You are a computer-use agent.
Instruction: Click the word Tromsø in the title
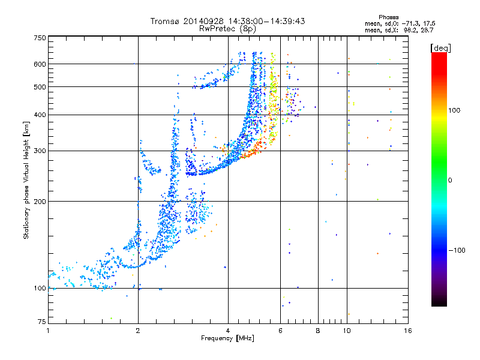tap(166, 21)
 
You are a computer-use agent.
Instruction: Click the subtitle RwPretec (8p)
tap(227, 29)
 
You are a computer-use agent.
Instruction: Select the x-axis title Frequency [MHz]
tap(227, 338)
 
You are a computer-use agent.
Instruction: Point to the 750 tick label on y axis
tap(40, 38)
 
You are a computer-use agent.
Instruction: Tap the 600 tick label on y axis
tap(40, 64)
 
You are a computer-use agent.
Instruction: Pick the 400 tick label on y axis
tap(40, 115)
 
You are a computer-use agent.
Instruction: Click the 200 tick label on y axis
tap(40, 202)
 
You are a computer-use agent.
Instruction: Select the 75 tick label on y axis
tap(42, 322)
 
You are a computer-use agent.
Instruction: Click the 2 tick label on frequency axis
tap(138, 331)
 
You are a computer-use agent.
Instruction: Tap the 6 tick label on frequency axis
tap(280, 331)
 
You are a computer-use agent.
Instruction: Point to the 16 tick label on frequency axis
tap(408, 331)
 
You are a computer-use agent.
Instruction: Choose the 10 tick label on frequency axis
tap(347, 331)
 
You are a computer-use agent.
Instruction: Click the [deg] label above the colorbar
tap(440, 48)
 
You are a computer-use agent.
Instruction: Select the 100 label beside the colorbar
tap(454, 110)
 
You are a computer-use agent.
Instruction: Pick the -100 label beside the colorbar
tap(457, 250)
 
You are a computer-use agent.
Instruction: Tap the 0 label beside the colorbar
tap(450, 181)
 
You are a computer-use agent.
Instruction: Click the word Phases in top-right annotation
tap(388, 17)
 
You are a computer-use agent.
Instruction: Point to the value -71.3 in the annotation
tap(410, 23)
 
